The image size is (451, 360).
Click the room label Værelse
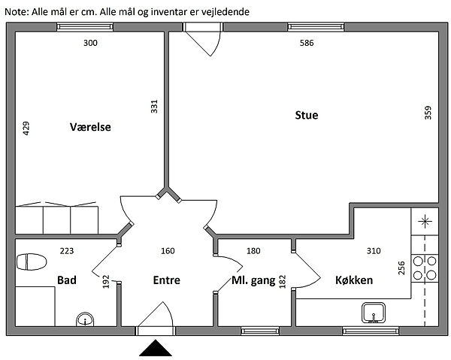coord(90,127)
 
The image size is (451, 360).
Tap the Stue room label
coord(307,115)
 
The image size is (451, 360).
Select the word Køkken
coord(354,280)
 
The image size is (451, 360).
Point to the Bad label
coord(67,280)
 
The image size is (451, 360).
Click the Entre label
coord(167,280)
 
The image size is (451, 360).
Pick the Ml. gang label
coord(253,280)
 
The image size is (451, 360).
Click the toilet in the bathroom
coord(32,262)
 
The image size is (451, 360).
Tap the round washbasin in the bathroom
coord(85,319)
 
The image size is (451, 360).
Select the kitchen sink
coord(374,313)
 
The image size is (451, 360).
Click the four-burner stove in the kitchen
coord(425,268)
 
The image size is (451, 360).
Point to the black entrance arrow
coord(156,348)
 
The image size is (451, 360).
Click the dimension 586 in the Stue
coord(307,43)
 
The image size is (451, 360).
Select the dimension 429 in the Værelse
coord(26,129)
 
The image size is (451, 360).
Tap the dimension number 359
coord(428,113)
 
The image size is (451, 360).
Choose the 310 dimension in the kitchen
coord(374,251)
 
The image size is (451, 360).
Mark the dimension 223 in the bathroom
coord(67,251)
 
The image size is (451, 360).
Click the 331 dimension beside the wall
coord(154,107)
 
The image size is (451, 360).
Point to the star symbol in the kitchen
coord(425,222)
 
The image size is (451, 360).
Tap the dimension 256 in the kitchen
coord(401,268)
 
